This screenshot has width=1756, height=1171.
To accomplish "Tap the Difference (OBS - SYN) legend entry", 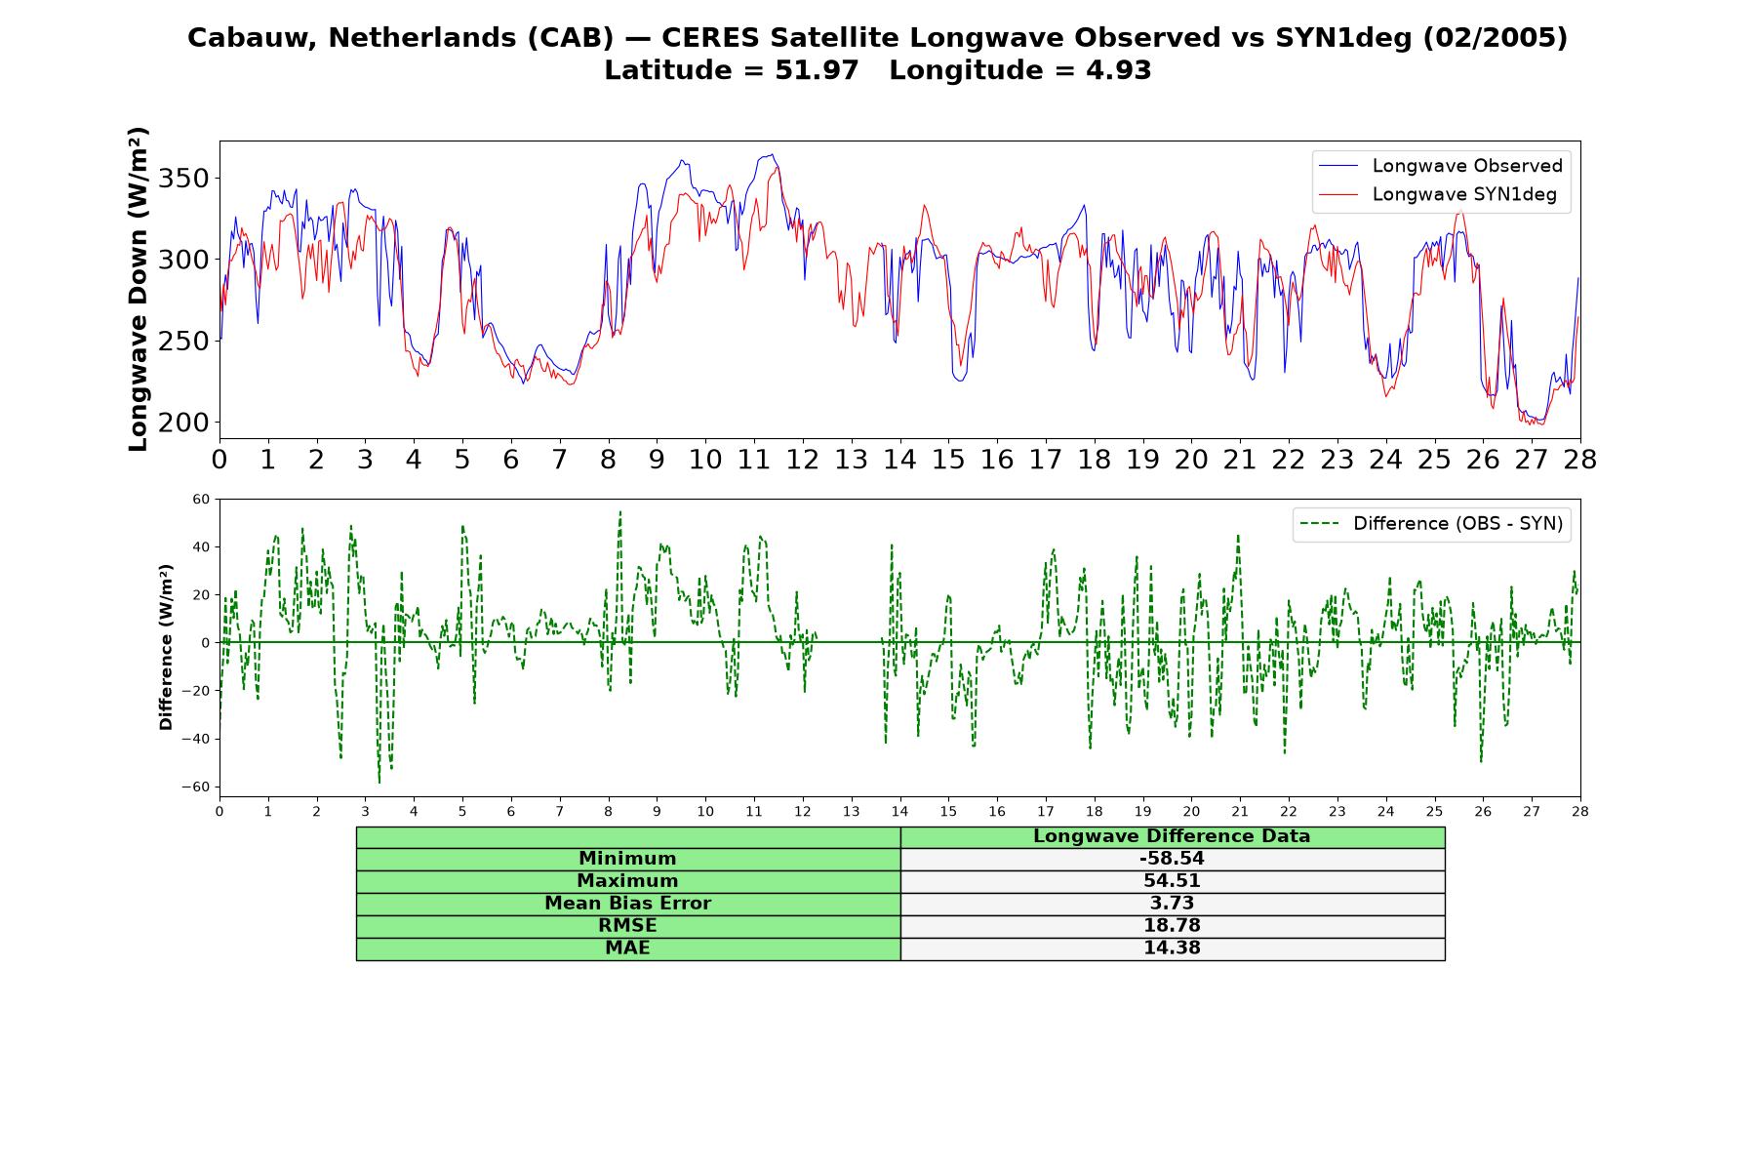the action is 1431,524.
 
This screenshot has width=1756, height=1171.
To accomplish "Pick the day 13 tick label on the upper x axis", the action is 851,460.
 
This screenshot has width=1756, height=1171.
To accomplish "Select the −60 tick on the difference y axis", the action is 195,787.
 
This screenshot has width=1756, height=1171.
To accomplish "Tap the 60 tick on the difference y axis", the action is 202,500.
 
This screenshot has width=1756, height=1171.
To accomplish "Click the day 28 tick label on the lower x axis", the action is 1580,811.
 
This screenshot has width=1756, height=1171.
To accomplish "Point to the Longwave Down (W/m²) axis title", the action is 138,289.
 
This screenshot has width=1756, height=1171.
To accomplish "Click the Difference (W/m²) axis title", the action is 166,647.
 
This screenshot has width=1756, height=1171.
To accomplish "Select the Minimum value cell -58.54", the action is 1172,859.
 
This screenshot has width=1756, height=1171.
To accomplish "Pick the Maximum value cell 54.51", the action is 1172,881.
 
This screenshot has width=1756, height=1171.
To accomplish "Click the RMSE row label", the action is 627,926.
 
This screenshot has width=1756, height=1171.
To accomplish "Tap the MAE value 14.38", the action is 1172,949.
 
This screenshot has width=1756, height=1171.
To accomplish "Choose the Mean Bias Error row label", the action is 627,904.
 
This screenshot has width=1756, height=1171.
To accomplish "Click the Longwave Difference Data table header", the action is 1172,836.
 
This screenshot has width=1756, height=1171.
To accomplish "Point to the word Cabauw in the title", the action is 254,38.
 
